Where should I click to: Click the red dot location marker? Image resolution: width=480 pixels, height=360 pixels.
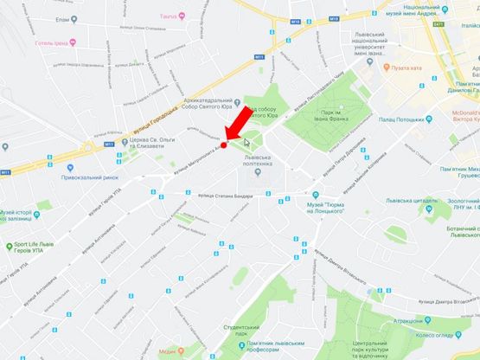coord(223,145)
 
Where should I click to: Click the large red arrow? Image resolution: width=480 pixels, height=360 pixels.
coord(241,124)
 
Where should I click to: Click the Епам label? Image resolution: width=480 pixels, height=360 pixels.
coord(61,19)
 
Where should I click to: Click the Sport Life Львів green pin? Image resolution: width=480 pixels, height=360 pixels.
coord(8,246)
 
